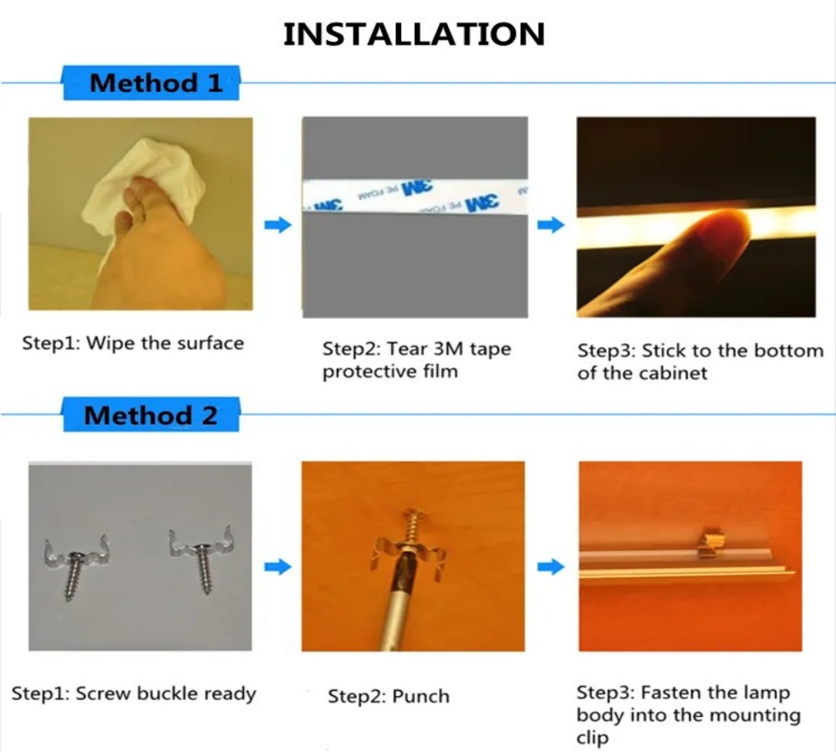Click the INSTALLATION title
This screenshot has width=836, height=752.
point(414,34)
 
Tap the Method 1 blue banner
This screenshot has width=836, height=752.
point(151,83)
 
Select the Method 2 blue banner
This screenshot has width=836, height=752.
point(151,414)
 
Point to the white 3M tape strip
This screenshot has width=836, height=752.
point(415,196)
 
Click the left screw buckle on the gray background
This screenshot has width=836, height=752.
point(75,564)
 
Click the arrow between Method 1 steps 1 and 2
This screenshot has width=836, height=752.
point(278,225)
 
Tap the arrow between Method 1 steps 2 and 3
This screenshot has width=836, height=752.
point(551,225)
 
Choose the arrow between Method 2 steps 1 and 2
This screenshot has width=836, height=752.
point(278,567)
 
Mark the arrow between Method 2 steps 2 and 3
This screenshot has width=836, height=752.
point(551,567)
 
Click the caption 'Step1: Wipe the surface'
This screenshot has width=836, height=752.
point(133,343)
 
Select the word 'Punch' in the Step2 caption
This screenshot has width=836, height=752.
point(421,697)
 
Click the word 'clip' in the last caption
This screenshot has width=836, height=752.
point(593,738)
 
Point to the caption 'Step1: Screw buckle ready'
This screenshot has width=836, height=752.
point(134,694)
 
